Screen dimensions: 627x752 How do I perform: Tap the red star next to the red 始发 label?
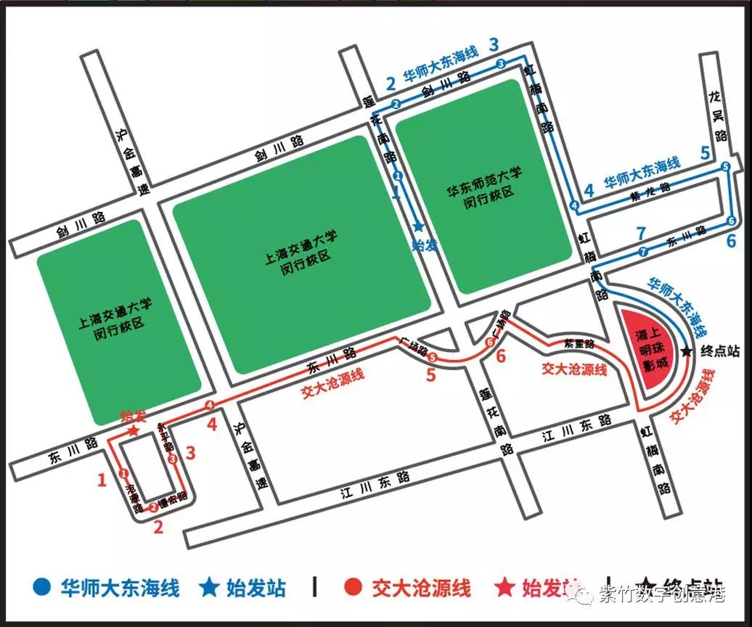133,430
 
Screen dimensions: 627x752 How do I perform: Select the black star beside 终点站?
687,352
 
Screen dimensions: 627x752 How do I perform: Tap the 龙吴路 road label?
719,116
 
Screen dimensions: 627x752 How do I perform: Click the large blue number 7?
640,234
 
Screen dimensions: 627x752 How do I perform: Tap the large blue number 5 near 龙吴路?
705,153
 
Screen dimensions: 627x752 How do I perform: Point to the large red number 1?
102,480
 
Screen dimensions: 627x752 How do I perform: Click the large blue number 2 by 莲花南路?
391,83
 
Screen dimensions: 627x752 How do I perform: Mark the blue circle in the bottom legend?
43,587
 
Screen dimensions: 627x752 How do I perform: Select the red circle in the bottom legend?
353,587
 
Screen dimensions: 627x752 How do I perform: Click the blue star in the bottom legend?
210,587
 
